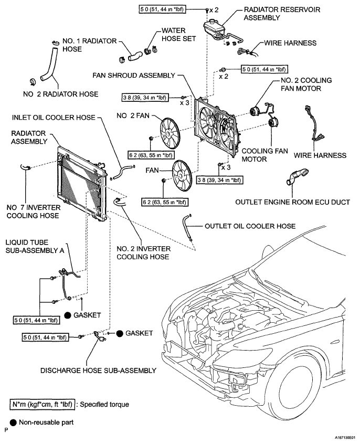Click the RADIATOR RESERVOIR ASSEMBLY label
282,14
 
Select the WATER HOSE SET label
179,35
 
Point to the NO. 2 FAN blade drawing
170,133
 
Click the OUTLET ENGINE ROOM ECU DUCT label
293,202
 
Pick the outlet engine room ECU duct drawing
297,177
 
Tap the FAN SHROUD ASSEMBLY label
134,76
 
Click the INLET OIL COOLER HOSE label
54,118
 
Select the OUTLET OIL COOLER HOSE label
250,226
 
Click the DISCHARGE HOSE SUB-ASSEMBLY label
98,371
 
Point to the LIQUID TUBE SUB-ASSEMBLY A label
35,246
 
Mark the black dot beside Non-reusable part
13,423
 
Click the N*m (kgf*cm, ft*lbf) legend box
42,404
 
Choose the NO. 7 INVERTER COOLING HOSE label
34,212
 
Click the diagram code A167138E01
345,437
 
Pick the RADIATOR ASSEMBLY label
29,138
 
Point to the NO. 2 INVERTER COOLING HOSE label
144,253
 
